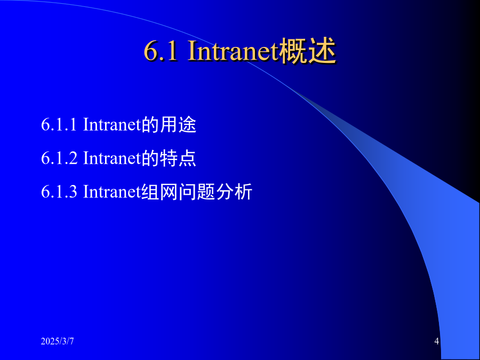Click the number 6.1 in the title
[x=161, y=51]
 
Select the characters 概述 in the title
[x=307, y=51]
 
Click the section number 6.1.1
[x=59, y=125]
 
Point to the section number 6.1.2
[x=59, y=158]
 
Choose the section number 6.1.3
[x=59, y=191]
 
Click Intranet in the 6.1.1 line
[x=112, y=125]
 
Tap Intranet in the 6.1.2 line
[x=112, y=158]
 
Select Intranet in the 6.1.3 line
[x=112, y=191]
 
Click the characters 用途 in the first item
[x=178, y=125]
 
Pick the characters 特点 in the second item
[x=178, y=158]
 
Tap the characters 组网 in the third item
[x=159, y=192]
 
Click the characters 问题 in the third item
[x=196, y=192]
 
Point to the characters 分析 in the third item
[x=234, y=192]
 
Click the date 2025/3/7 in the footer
[x=57, y=341]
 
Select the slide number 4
[x=436, y=341]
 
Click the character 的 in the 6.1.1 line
[x=150, y=125]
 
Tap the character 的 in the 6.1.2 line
[x=150, y=158]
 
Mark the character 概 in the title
[x=293, y=51]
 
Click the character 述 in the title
[x=322, y=51]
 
